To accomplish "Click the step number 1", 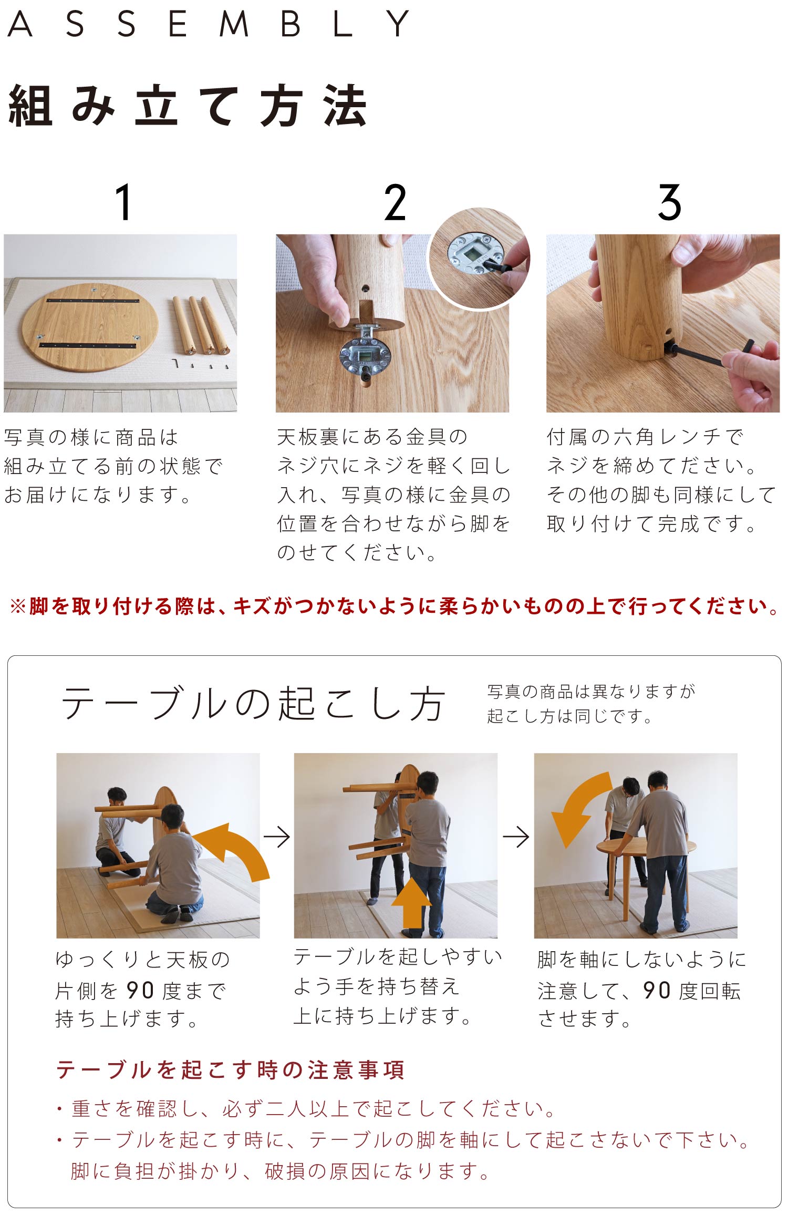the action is coord(123,202).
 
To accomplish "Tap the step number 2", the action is coord(395,202).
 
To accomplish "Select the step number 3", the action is coord(669,202).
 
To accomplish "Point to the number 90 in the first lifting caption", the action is coord(140,990).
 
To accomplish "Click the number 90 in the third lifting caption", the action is coord(657,990).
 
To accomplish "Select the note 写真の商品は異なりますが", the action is coord(592,691).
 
